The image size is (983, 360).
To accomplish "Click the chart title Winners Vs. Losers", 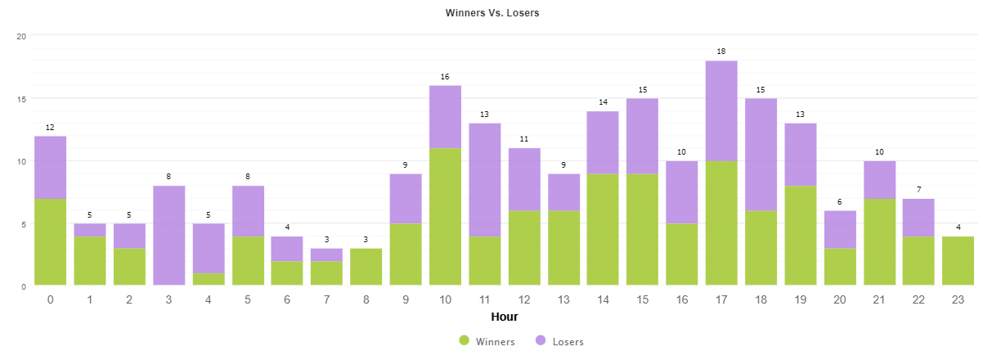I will pyautogui.click(x=492, y=13).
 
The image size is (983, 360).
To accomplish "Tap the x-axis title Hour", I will pyautogui.click(x=504, y=317).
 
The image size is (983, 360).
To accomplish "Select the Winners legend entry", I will pyautogui.click(x=487, y=341).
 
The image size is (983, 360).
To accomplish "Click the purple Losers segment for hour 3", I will pyautogui.click(x=168, y=236).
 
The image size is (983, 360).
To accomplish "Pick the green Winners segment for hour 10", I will pyautogui.click(x=445, y=217).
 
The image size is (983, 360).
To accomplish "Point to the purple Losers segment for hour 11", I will pyautogui.click(x=484, y=180).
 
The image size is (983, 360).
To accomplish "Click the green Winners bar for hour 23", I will pyautogui.click(x=957, y=261).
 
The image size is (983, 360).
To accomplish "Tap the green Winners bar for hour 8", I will pyautogui.click(x=366, y=267).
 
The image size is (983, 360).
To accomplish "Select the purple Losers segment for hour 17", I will pyautogui.click(x=720, y=111).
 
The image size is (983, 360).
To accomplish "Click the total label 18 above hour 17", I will pyautogui.click(x=720, y=52).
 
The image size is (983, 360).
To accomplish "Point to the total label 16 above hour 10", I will pyautogui.click(x=445, y=77).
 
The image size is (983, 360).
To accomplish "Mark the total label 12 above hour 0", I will pyautogui.click(x=50, y=128).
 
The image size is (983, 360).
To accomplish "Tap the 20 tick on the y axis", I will pyautogui.click(x=22, y=36).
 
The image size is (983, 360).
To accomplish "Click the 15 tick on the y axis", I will pyautogui.click(x=22, y=99).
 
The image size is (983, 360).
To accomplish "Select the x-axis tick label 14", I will pyautogui.click(x=603, y=299).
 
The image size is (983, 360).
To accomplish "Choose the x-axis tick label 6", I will pyautogui.click(x=287, y=299).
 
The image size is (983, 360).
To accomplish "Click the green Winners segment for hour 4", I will pyautogui.click(x=208, y=279).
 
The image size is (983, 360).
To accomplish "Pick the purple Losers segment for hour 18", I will pyautogui.click(x=760, y=155).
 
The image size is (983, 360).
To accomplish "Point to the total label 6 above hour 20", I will pyautogui.click(x=839, y=202).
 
